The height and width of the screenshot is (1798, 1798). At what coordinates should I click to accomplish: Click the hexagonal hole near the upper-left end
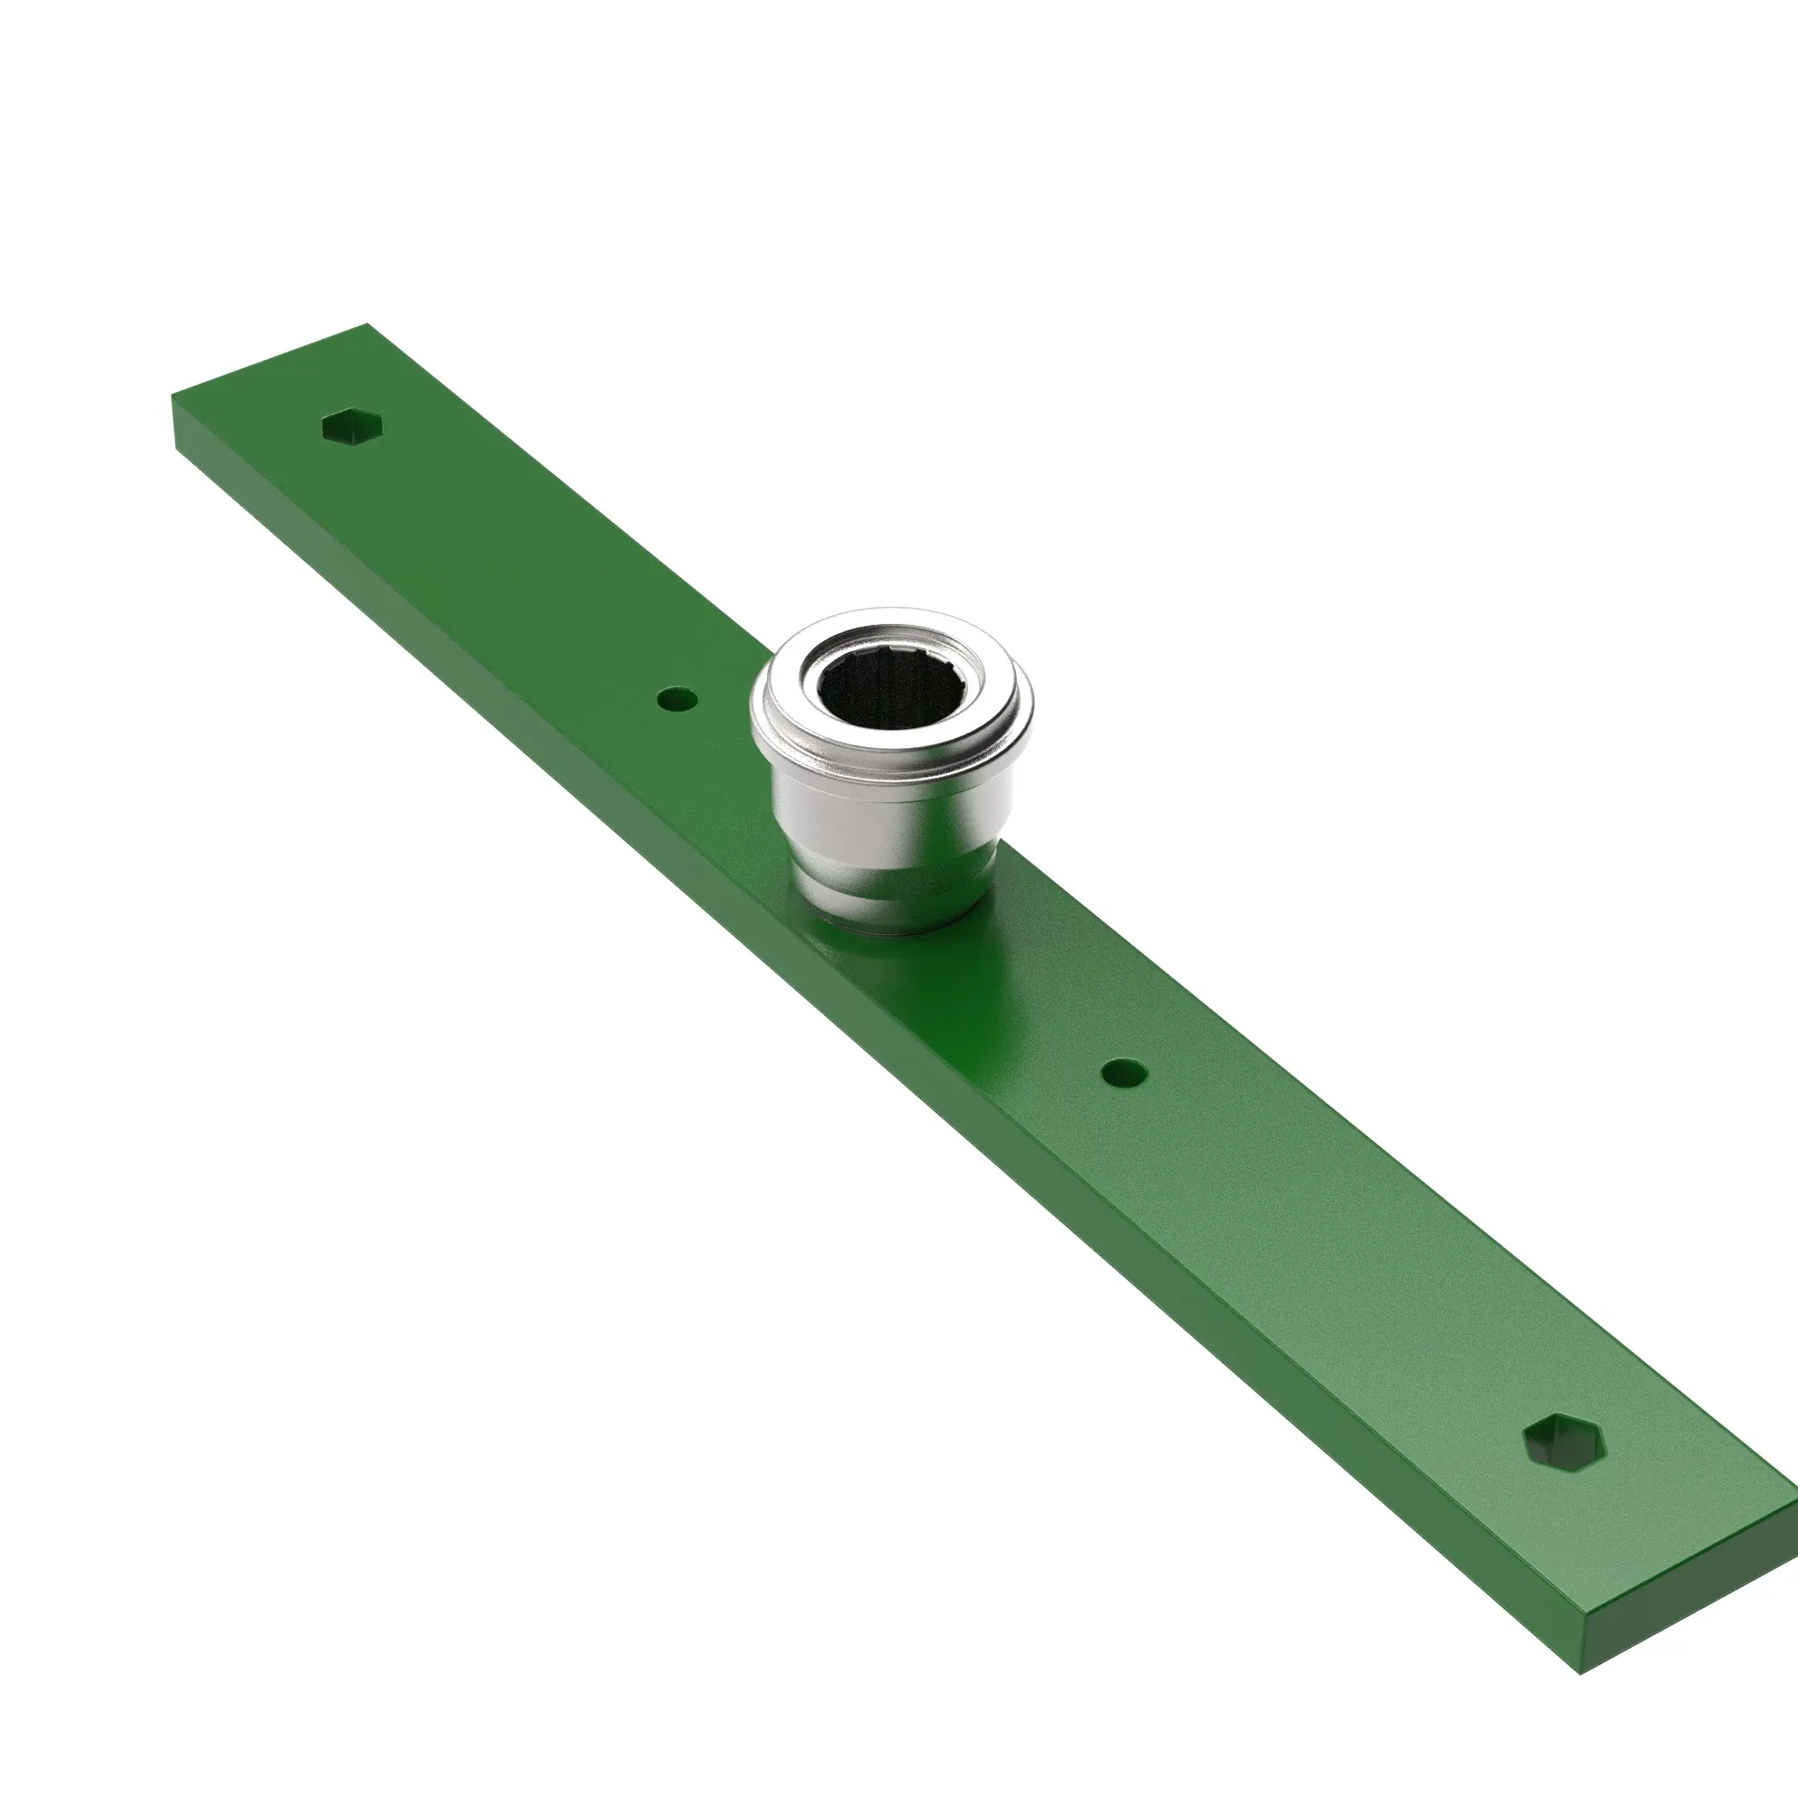point(353,427)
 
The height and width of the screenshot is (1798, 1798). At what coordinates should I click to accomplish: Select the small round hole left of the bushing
point(676,698)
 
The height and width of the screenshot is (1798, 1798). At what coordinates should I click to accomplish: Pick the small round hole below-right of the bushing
point(1123,1074)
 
